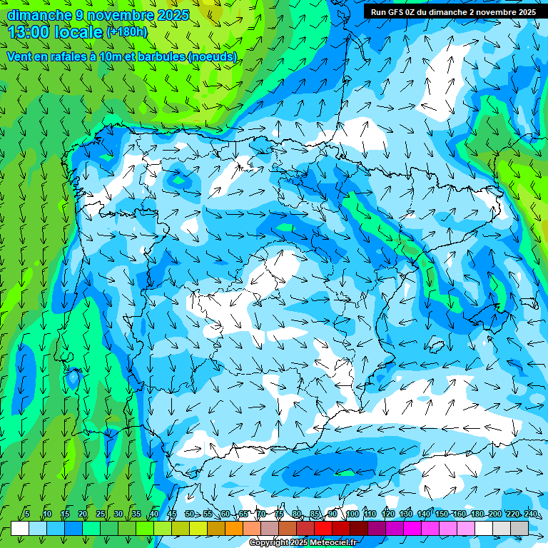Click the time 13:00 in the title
(x=34, y=32)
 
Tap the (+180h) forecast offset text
(x=126, y=32)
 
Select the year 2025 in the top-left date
(x=173, y=15)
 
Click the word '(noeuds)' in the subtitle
(x=213, y=56)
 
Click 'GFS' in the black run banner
(x=402, y=12)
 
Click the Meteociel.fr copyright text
(x=303, y=543)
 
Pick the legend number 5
(x=27, y=514)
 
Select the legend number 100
(x=352, y=514)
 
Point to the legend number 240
(x=531, y=514)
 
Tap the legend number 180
(x=477, y=514)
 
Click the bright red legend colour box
(x=323, y=528)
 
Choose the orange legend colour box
(x=234, y=528)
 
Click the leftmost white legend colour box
(x=20, y=528)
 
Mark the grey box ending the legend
(x=519, y=528)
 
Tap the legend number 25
(x=101, y=514)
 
